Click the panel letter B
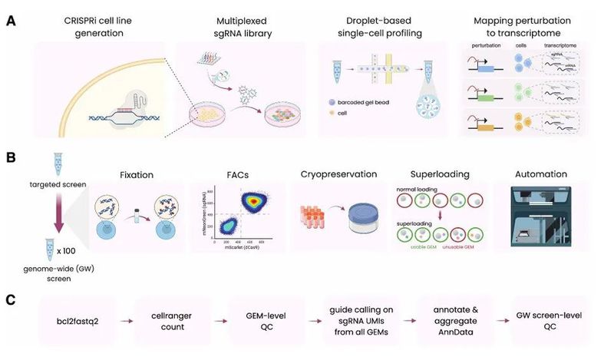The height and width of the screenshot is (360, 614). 12,157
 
